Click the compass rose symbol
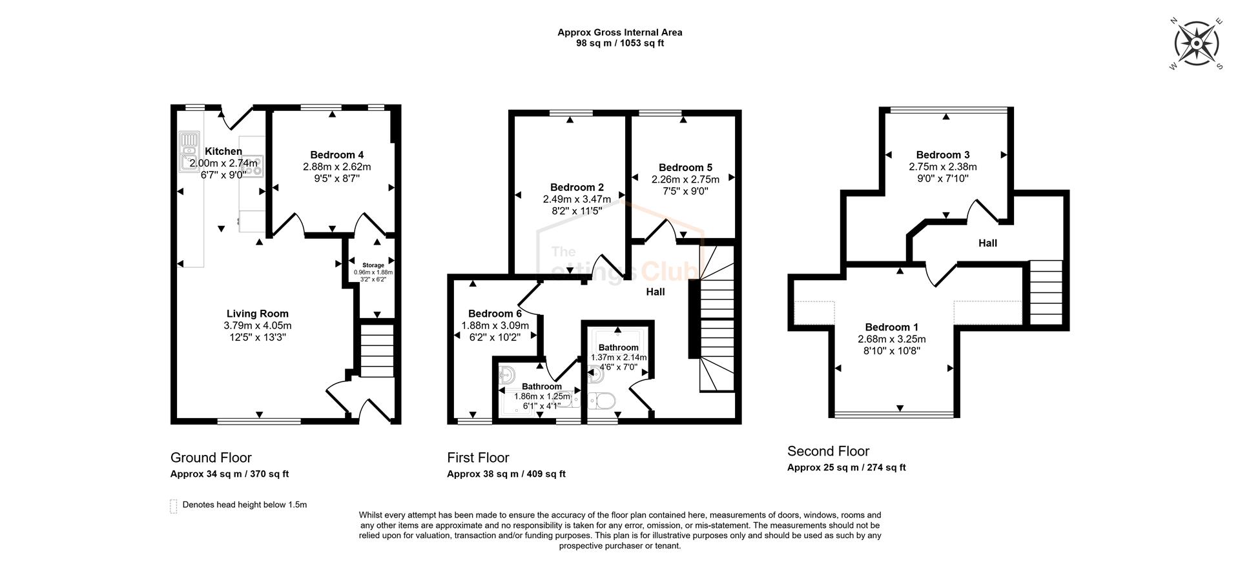1197,44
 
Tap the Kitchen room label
223,152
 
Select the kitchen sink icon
189,149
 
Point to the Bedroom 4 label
336,155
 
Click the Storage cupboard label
373,265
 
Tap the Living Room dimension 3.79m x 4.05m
257,326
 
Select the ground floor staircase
376,351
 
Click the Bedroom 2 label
577,188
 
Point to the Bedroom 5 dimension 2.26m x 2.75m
685,179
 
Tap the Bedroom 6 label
495,314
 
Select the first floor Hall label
655,292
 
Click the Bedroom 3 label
942,155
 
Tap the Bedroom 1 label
891,327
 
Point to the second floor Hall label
987,243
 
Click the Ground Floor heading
211,458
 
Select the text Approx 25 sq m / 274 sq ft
846,468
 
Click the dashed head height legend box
173,506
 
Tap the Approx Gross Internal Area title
619,32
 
